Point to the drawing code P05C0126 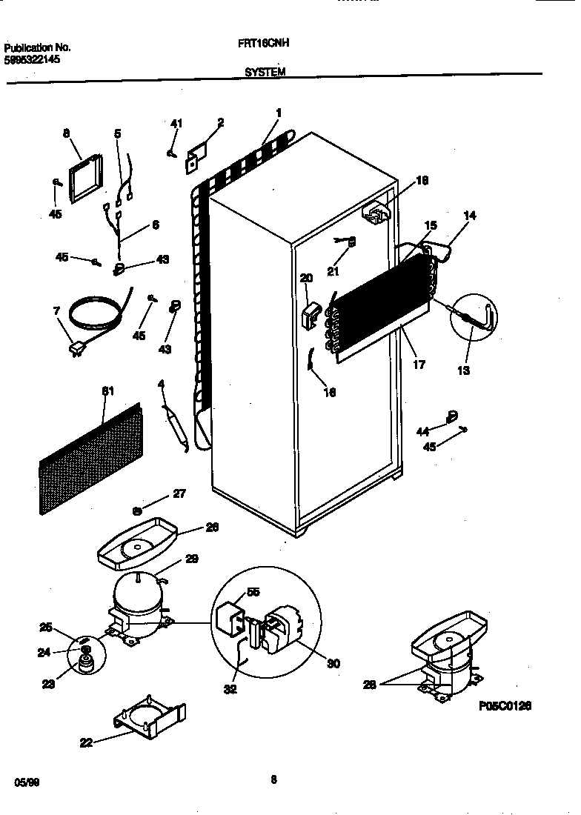point(505,705)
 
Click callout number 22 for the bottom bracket point(87,742)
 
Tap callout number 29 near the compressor point(192,559)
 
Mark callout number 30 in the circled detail point(333,664)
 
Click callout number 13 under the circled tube point(463,370)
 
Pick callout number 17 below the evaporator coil point(419,365)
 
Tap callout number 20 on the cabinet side point(307,278)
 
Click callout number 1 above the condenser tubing point(278,113)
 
